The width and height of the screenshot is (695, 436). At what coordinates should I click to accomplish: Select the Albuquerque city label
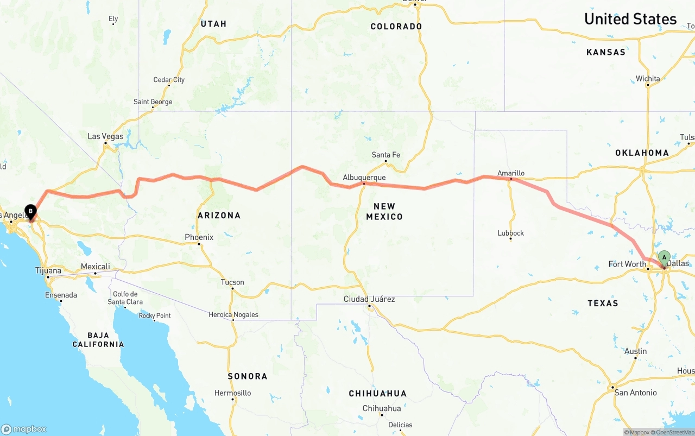click(x=364, y=178)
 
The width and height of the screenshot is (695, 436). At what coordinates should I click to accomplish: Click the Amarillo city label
click(x=511, y=174)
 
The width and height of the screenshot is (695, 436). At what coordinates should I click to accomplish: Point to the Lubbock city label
click(x=510, y=233)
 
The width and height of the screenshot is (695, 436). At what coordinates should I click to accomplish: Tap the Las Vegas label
click(x=105, y=136)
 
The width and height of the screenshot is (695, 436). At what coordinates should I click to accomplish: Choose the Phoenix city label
click(x=199, y=237)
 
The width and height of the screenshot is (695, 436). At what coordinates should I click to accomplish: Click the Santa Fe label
click(x=386, y=155)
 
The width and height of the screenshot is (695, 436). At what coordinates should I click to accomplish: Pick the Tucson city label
click(x=232, y=282)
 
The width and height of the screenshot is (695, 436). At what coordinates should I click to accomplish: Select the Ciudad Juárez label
click(x=369, y=299)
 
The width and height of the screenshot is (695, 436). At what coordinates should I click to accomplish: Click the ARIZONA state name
click(x=219, y=216)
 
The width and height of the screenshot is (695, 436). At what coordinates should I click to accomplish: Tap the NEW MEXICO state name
click(x=384, y=211)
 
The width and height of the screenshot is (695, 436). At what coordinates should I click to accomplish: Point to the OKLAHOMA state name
click(x=642, y=153)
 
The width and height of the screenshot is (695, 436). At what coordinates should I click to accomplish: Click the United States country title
click(x=630, y=19)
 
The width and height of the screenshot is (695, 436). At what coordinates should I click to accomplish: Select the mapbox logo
click(x=24, y=429)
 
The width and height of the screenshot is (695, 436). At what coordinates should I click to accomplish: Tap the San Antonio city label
click(x=635, y=393)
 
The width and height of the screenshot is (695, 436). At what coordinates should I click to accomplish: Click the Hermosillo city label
click(x=233, y=393)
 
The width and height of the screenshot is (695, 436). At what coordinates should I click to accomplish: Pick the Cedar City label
click(x=169, y=80)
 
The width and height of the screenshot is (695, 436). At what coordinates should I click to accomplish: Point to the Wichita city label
click(x=648, y=79)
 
